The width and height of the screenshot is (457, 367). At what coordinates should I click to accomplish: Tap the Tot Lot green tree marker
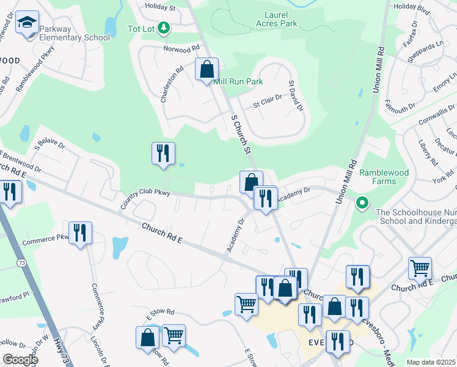(163, 28)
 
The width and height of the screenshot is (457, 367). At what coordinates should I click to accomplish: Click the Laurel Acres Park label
(272, 19)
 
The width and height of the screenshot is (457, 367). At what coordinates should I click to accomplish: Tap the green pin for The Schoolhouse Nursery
(362, 202)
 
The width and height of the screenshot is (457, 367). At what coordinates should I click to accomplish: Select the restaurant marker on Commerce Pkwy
(80, 233)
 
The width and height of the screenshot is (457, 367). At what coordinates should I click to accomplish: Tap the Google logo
(20, 359)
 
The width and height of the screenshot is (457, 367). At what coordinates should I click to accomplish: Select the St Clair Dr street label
(268, 97)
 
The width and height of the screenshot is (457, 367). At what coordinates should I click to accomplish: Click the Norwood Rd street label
(181, 48)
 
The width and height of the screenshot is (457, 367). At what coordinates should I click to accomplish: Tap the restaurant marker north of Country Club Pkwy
(163, 154)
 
